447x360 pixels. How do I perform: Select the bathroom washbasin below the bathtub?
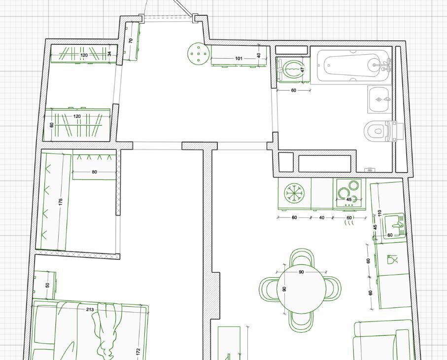pos(379,100)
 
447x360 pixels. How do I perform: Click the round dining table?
pos(302,289)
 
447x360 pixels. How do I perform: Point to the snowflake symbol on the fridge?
pos(295,193)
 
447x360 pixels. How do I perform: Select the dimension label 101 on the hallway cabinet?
pos(239,59)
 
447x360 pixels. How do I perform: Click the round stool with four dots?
pos(199,54)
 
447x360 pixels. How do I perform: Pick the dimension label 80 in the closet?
pos(94,172)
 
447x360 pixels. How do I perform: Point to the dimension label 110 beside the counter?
pos(379,213)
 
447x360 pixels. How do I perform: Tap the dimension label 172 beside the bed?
pos(138,352)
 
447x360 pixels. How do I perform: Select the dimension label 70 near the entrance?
pos(131,41)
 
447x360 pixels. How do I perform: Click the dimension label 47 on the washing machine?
pos(303,69)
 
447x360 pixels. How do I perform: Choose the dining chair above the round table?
pos(302,257)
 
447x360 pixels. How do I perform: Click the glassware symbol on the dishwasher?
pos(392,259)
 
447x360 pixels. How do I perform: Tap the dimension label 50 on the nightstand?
pos(48,285)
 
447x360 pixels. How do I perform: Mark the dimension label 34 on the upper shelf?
pos(109,54)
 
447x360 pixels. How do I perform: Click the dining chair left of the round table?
pos(269,288)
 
